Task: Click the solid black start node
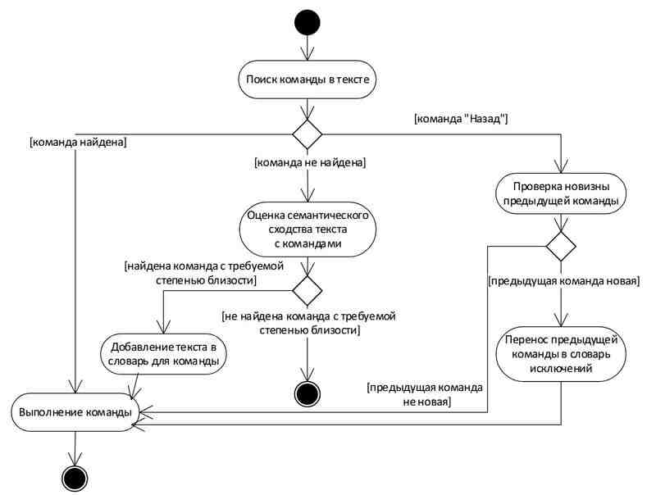coord(307,22)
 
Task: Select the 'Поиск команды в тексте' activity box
coord(307,79)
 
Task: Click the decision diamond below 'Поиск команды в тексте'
coord(307,134)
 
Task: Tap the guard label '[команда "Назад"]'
coord(461,119)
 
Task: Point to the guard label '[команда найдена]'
coord(78,142)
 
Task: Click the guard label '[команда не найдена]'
coord(310,162)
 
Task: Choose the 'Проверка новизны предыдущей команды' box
coord(561,193)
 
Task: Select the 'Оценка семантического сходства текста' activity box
coord(307,229)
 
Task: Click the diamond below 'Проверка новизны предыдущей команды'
coord(561,246)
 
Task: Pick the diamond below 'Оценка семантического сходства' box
coord(307,291)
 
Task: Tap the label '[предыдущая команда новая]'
coord(564,281)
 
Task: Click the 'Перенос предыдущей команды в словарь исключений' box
coord(561,354)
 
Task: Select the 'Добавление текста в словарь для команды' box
coord(163,354)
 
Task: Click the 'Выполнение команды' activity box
coord(75,412)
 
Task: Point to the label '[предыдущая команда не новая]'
coord(425,395)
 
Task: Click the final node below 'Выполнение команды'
coord(75,478)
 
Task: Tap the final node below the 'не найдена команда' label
coord(307,393)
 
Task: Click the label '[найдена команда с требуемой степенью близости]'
coord(204,273)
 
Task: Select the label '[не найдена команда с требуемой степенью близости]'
coord(309,323)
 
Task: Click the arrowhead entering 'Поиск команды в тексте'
coord(307,54)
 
